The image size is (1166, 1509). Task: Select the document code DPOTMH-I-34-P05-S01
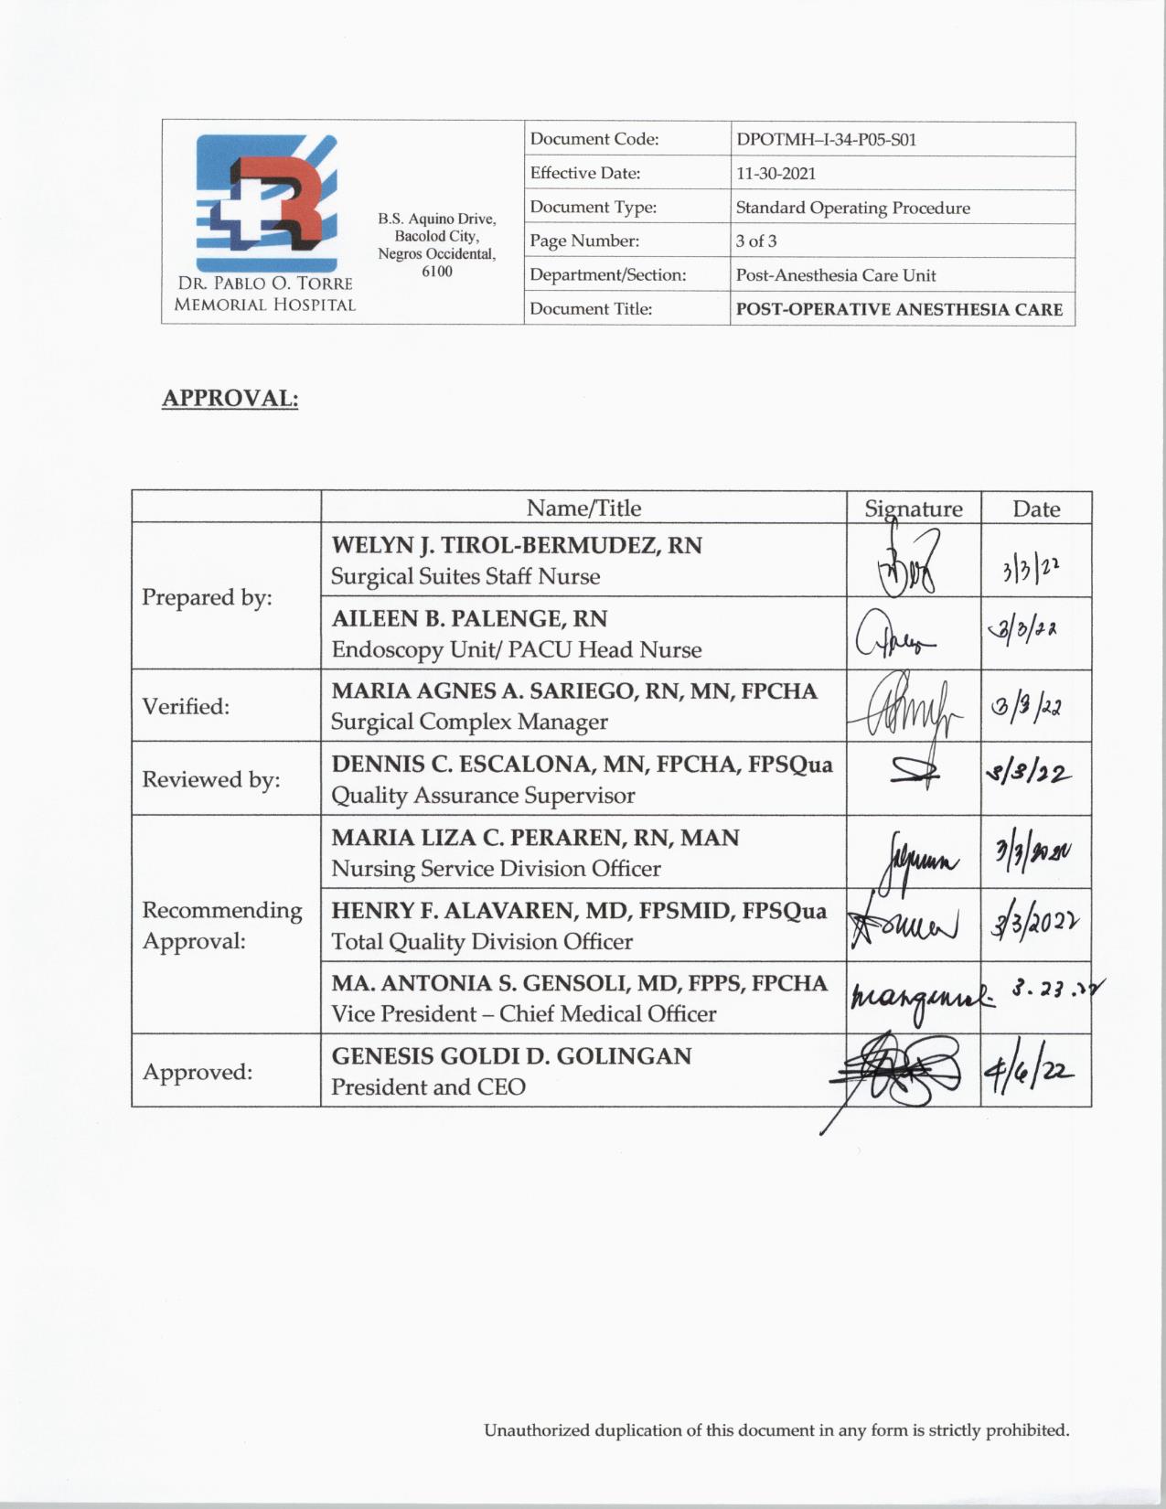(826, 140)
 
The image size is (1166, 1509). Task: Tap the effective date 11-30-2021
(776, 174)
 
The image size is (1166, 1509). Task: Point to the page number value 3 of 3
(756, 241)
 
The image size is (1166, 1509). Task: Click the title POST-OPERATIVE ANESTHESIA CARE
(899, 309)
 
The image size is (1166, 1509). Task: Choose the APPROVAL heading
(230, 399)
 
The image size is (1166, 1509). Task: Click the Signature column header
(914, 508)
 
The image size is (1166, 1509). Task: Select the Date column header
(1036, 508)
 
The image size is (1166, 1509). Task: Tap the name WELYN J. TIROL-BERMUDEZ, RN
(517, 545)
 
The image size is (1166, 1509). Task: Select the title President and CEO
(428, 1086)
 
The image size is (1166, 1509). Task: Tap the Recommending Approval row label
(222, 925)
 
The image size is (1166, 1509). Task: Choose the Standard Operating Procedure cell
(852, 208)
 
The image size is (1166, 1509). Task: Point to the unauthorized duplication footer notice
(776, 1430)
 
